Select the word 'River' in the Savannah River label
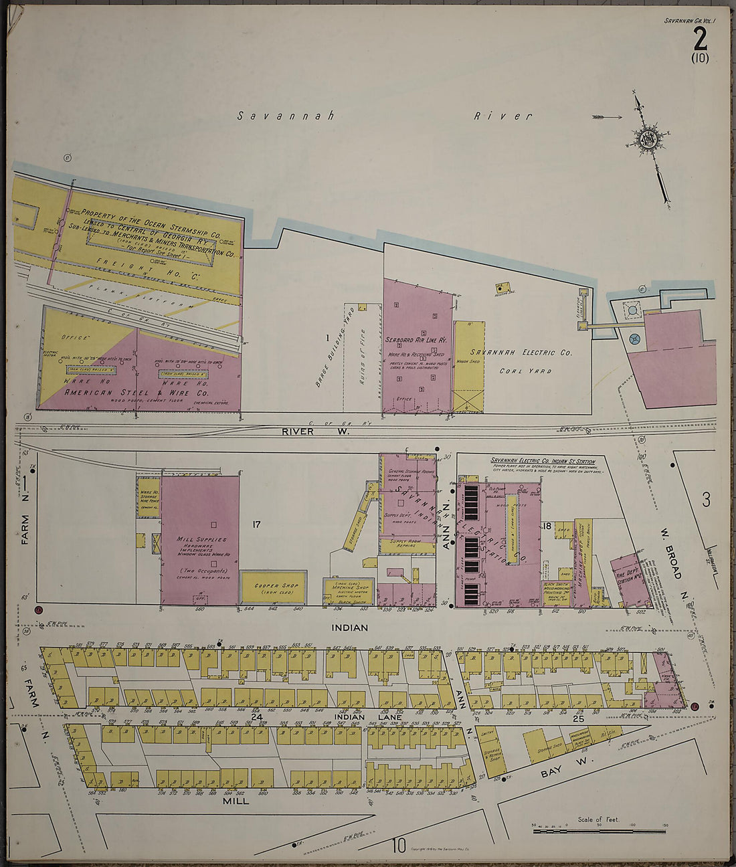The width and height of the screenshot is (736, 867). pyautogui.click(x=503, y=116)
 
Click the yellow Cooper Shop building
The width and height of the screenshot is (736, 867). pyautogui.click(x=273, y=587)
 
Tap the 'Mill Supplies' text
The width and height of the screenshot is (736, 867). pyautogui.click(x=201, y=539)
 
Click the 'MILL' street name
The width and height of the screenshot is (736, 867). pyautogui.click(x=236, y=800)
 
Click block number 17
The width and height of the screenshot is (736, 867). pyautogui.click(x=256, y=524)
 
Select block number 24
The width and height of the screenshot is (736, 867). pyautogui.click(x=256, y=716)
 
